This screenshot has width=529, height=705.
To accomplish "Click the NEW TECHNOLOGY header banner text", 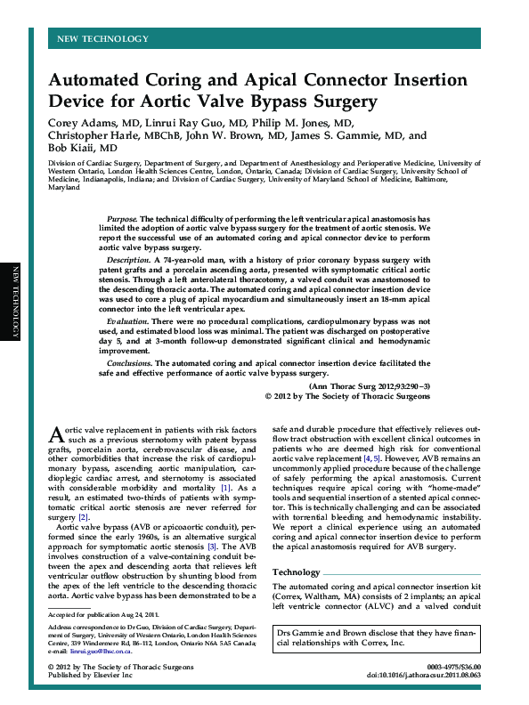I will point(102,39).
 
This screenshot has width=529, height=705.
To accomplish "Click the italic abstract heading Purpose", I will point(122,218).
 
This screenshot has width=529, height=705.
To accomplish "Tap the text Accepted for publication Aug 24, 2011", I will point(104,614).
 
